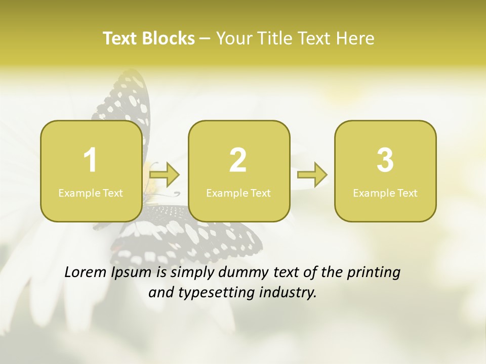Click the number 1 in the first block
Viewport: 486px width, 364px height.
pyautogui.click(x=90, y=160)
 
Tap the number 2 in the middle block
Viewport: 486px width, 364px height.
pyautogui.click(x=238, y=160)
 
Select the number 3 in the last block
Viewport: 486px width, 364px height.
pyautogui.click(x=385, y=160)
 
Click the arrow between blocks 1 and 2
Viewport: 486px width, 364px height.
pyautogui.click(x=165, y=174)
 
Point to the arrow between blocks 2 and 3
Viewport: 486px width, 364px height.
pyautogui.click(x=312, y=174)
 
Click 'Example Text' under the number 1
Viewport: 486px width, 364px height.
pyautogui.click(x=91, y=193)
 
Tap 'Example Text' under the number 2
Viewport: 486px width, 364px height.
pyautogui.click(x=238, y=193)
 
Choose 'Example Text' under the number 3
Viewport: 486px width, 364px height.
pyautogui.click(x=385, y=193)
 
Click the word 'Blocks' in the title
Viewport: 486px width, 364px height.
pyautogui.click(x=169, y=38)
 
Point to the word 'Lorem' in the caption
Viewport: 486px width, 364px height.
pyautogui.click(x=86, y=272)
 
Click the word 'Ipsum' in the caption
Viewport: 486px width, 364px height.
pyautogui.click(x=131, y=272)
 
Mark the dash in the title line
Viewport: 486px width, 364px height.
pyautogui.click(x=205, y=38)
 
